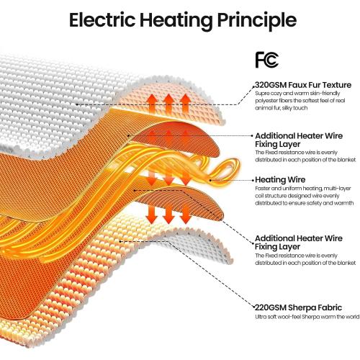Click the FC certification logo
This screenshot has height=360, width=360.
tap(267, 60)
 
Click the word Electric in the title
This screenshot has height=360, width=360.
tap(102, 19)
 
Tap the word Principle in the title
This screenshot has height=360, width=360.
tap(256, 22)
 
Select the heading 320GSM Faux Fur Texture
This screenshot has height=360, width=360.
tap(303, 85)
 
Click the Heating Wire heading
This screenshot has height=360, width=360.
tap(280, 179)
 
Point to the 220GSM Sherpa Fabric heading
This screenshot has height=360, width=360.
tap(298, 307)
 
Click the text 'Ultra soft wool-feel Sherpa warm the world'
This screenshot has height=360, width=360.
tap(307, 317)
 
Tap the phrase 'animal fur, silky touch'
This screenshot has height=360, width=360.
tap(282, 108)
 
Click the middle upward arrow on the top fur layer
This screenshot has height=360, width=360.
tap(168, 104)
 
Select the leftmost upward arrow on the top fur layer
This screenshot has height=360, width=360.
tap(152, 104)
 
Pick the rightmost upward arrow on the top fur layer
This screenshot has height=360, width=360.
tap(185, 104)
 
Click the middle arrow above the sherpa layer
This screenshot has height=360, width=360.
tap(168, 214)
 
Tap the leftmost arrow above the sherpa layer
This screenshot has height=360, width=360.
tap(151, 214)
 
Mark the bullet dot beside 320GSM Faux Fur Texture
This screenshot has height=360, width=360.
tap(253, 86)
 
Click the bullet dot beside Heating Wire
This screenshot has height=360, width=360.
tap(253, 180)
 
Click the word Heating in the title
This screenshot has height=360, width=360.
tap(176, 22)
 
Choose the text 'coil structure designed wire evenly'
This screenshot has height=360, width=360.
tap(297, 196)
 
